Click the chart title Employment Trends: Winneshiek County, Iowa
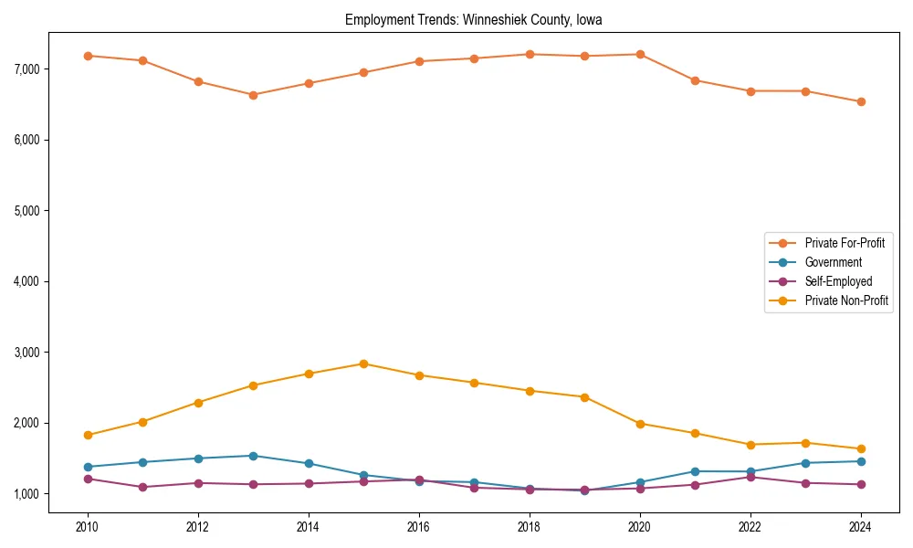(x=473, y=19)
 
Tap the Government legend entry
(x=833, y=262)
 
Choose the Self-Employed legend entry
(x=838, y=281)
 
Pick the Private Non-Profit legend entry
(x=846, y=300)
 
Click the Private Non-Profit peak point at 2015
(x=363, y=364)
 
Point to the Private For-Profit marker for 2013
(x=253, y=95)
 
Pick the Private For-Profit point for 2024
(x=860, y=101)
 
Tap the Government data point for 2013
(x=253, y=456)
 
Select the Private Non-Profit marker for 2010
(x=88, y=436)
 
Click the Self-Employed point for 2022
(x=750, y=477)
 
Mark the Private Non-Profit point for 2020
(x=639, y=424)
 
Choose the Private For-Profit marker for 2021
(x=695, y=80)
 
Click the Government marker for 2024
(x=860, y=461)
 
